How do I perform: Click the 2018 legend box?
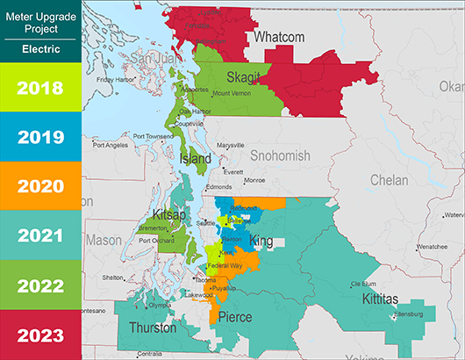pyautogui.click(x=40, y=88)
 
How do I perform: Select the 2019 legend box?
pyautogui.click(x=40, y=138)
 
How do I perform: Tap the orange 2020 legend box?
pyautogui.click(x=40, y=186)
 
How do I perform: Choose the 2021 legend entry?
pyautogui.click(x=40, y=236)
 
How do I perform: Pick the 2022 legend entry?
pyautogui.click(x=40, y=286)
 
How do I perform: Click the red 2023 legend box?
pyautogui.click(x=40, y=335)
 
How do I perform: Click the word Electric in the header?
pyautogui.click(x=40, y=50)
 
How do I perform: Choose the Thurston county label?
pyautogui.click(x=153, y=328)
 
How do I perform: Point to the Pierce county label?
pyautogui.click(x=234, y=317)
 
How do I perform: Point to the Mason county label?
pyautogui.click(x=104, y=239)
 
